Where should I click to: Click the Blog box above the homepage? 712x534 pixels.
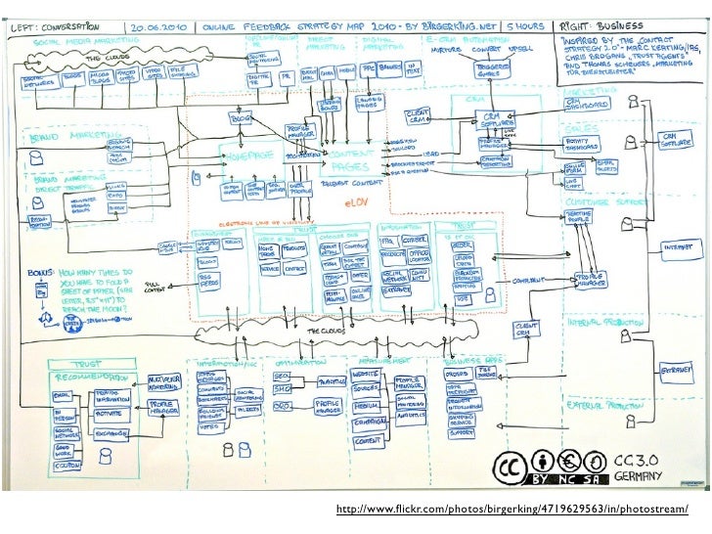click(x=240, y=118)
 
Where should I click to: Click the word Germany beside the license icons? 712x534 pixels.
click(x=639, y=476)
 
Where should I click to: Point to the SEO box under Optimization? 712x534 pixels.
click(x=282, y=377)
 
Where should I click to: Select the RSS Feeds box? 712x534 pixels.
click(x=208, y=283)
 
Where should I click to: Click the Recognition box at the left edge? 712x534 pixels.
click(x=39, y=223)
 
